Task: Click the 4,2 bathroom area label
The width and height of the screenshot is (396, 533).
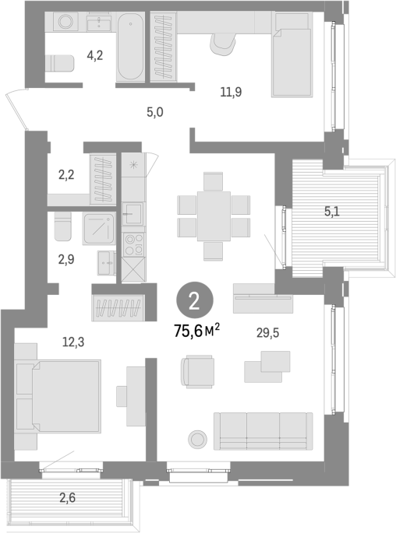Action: [x=94, y=55]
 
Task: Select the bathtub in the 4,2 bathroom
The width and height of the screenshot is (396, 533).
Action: [x=130, y=47]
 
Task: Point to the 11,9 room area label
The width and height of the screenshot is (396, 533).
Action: [x=231, y=92]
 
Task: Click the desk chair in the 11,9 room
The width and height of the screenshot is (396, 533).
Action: [x=223, y=44]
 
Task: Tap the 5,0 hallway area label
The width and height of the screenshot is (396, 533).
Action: [x=155, y=112]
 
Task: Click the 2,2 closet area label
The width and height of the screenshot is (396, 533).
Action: [x=66, y=175]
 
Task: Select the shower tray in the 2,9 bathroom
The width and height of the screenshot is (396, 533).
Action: [x=99, y=229]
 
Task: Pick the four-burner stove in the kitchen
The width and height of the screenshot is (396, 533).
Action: [x=134, y=245]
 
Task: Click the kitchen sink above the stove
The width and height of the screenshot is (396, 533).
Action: [x=133, y=214]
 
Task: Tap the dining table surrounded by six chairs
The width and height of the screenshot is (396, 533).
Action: [x=214, y=216]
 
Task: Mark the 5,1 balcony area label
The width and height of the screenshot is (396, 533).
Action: [x=331, y=212]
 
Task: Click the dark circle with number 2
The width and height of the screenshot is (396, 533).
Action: [x=194, y=300]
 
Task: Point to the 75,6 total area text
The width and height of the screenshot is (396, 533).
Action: [x=196, y=331]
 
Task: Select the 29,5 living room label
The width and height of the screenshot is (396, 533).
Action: [x=267, y=333]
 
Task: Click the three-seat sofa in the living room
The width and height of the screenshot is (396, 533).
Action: [x=263, y=431]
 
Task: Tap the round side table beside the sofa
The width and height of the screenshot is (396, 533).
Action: [x=197, y=439]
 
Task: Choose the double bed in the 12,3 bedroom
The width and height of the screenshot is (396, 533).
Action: [x=58, y=396]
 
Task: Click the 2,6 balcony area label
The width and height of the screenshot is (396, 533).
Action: [x=67, y=498]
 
